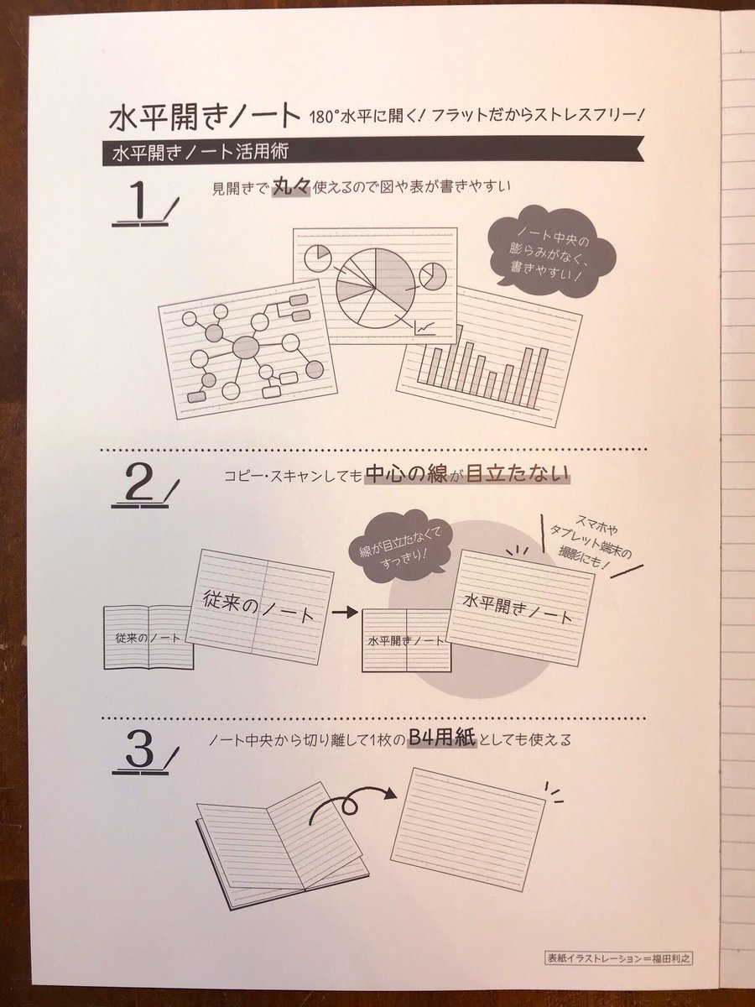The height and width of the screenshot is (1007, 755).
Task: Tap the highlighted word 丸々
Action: pos(292,189)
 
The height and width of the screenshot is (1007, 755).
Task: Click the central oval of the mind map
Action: pos(246,347)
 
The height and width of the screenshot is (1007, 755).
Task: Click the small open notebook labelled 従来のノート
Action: pos(148,637)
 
